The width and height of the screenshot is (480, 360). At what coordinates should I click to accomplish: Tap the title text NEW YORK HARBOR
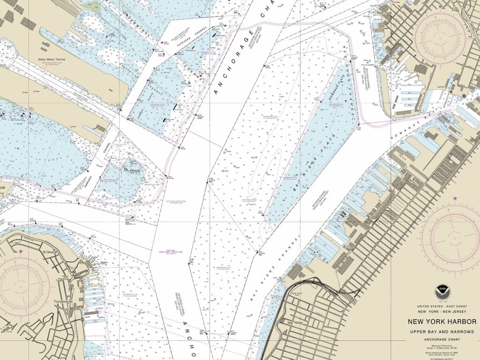pyautogui.click(x=442, y=322)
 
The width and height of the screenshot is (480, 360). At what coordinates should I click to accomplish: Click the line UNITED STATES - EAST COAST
pyautogui.click(x=442, y=306)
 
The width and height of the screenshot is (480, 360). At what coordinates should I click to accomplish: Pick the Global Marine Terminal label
pyautogui.click(x=52, y=60)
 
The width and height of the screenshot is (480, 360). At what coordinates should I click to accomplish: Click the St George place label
pyautogui.click(x=50, y=252)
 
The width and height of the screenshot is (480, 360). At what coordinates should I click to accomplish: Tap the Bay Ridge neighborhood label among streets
pyautogui.click(x=296, y=323)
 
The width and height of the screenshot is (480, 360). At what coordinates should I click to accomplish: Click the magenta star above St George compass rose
pyautogui.click(x=21, y=252)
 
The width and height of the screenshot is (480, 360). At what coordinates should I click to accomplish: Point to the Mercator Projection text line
pyautogui.click(x=442, y=346)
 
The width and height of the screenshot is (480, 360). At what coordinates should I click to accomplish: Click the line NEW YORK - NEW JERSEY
pyautogui.click(x=442, y=312)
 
